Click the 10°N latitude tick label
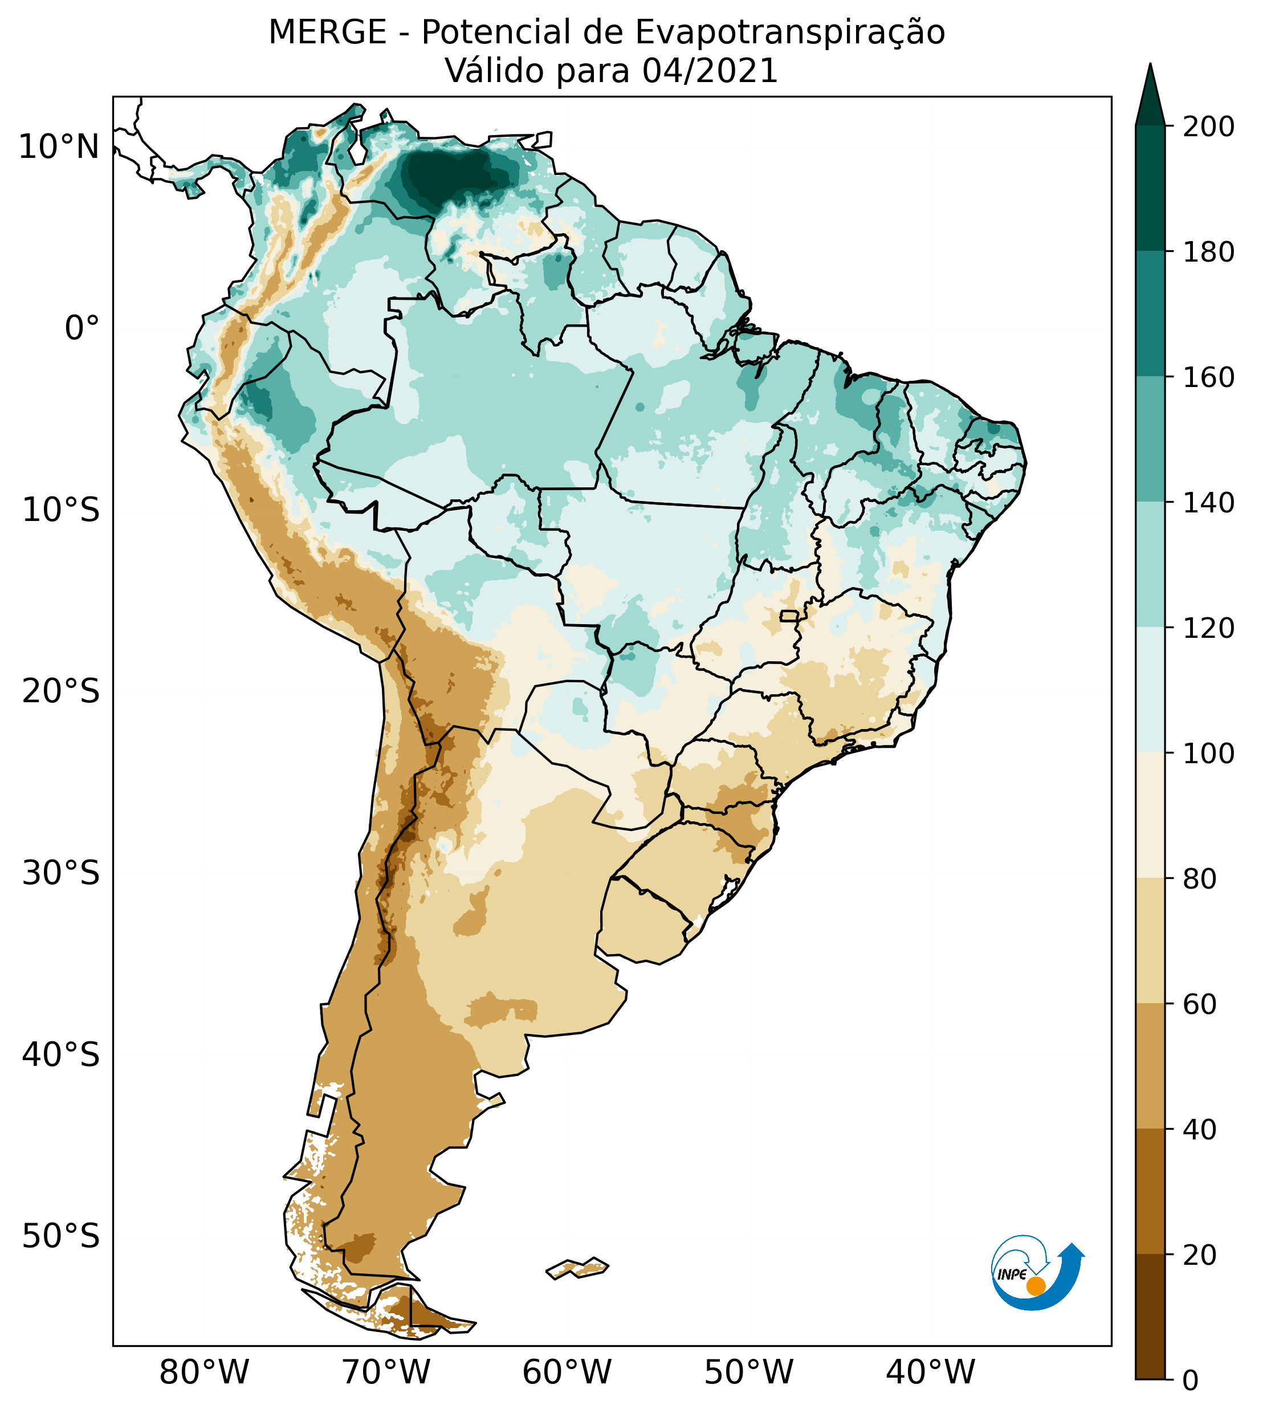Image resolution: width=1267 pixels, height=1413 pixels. click(x=59, y=148)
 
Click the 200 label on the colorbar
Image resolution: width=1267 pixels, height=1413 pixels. click(x=1209, y=127)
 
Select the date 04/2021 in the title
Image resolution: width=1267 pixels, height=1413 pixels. click(x=710, y=72)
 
